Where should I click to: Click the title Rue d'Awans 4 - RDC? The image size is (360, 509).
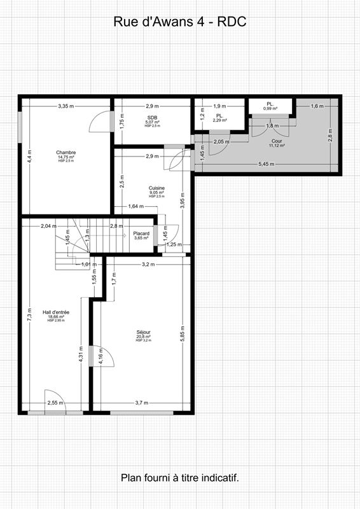click(179, 22)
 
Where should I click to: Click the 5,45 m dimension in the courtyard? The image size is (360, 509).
click(267, 164)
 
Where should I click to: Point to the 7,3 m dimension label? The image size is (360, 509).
click(29, 313)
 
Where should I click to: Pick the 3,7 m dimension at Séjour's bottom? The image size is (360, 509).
click(141, 403)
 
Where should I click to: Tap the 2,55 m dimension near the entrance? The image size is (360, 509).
click(55, 403)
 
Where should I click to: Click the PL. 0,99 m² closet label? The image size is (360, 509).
click(270, 106)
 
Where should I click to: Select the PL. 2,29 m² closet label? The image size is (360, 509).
click(219, 118)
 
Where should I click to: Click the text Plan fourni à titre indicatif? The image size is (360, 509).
click(179, 477)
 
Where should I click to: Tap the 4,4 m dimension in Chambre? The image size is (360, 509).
click(29, 157)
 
